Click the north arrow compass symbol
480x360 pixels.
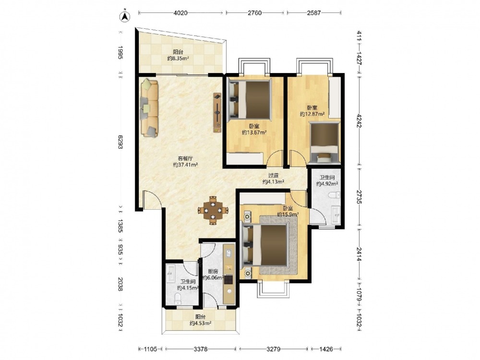pos(125,16)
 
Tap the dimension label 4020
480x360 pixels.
pos(180,13)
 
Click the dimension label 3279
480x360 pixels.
pos(273,349)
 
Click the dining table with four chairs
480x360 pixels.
pos(213,210)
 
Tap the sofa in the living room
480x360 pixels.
pos(150,108)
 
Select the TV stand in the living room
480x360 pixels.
pos(217,113)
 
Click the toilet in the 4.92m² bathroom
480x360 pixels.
pos(334,195)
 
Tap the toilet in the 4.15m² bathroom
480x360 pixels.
pos(178,299)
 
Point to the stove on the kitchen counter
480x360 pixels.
pos(228,279)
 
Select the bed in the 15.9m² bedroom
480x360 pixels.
pos(265,244)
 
